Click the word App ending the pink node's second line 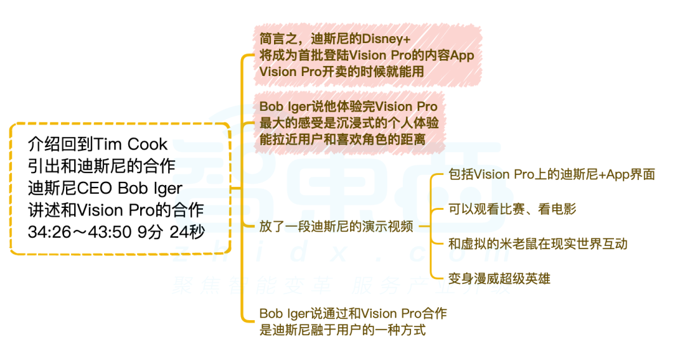click(462, 56)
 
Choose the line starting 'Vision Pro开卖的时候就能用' click(342, 72)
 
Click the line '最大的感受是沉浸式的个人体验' click(349, 123)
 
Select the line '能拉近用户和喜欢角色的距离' click(342, 139)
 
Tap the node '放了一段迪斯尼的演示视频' click(337, 226)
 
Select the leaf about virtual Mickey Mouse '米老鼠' click(537, 243)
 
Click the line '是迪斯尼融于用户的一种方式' click(342, 330)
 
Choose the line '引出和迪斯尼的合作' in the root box click(101, 167)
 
